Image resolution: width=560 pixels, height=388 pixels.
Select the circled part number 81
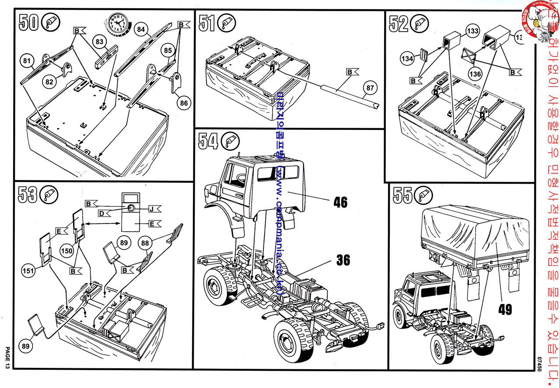pyautogui.click(x=27, y=62)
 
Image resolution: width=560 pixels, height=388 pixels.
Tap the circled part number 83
pyautogui.click(x=100, y=41)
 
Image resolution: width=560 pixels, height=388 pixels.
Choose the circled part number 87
pyautogui.click(x=370, y=88)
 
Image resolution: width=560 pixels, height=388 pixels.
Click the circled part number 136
pyautogui.click(x=476, y=73)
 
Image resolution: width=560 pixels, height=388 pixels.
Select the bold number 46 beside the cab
pyautogui.click(x=340, y=203)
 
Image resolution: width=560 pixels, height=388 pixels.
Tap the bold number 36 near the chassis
pyautogui.click(x=343, y=260)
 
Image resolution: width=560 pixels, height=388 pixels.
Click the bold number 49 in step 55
pyautogui.click(x=505, y=310)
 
